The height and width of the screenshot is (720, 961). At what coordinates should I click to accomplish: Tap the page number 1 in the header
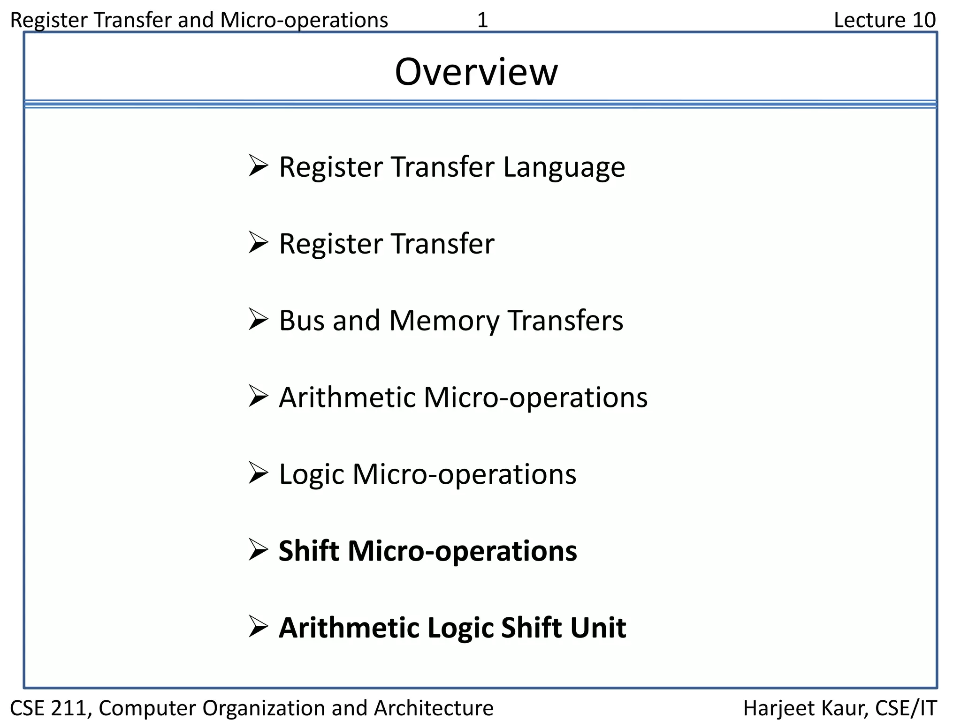pos(482,20)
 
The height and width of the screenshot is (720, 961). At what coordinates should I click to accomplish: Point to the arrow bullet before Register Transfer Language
pos(258,166)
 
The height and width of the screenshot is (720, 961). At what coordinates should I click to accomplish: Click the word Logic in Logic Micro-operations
pos(312,474)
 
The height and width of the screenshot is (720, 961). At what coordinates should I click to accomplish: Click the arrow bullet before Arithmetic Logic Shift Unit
pos(258,627)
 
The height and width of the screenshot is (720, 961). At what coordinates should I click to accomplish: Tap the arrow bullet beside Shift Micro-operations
pos(258,550)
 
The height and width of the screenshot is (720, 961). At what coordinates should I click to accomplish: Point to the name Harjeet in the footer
pos(774,708)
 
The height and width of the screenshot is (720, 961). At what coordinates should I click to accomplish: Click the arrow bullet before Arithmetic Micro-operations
pos(258,397)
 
